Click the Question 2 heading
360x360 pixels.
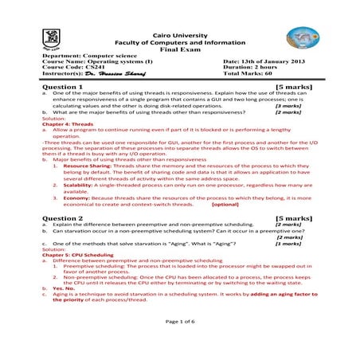coord(65,217)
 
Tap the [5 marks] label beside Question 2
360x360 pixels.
coord(293,217)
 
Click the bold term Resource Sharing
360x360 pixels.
coord(89,166)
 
